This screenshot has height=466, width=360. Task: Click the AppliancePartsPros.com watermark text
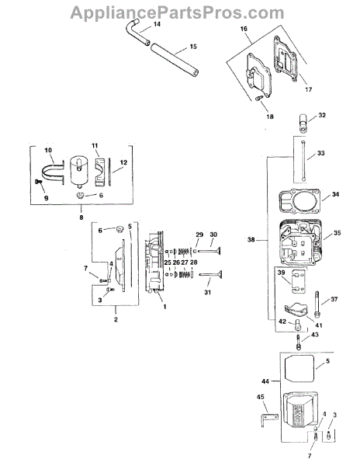pos(177,13)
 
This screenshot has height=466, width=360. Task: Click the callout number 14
pos(157,24)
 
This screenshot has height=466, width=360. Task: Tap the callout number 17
pos(308,89)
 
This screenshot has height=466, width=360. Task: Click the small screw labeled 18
pos(259,98)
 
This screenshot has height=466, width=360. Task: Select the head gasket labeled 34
pos(299,201)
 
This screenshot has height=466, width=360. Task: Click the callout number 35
pos(337,233)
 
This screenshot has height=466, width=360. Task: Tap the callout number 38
pos(251,239)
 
